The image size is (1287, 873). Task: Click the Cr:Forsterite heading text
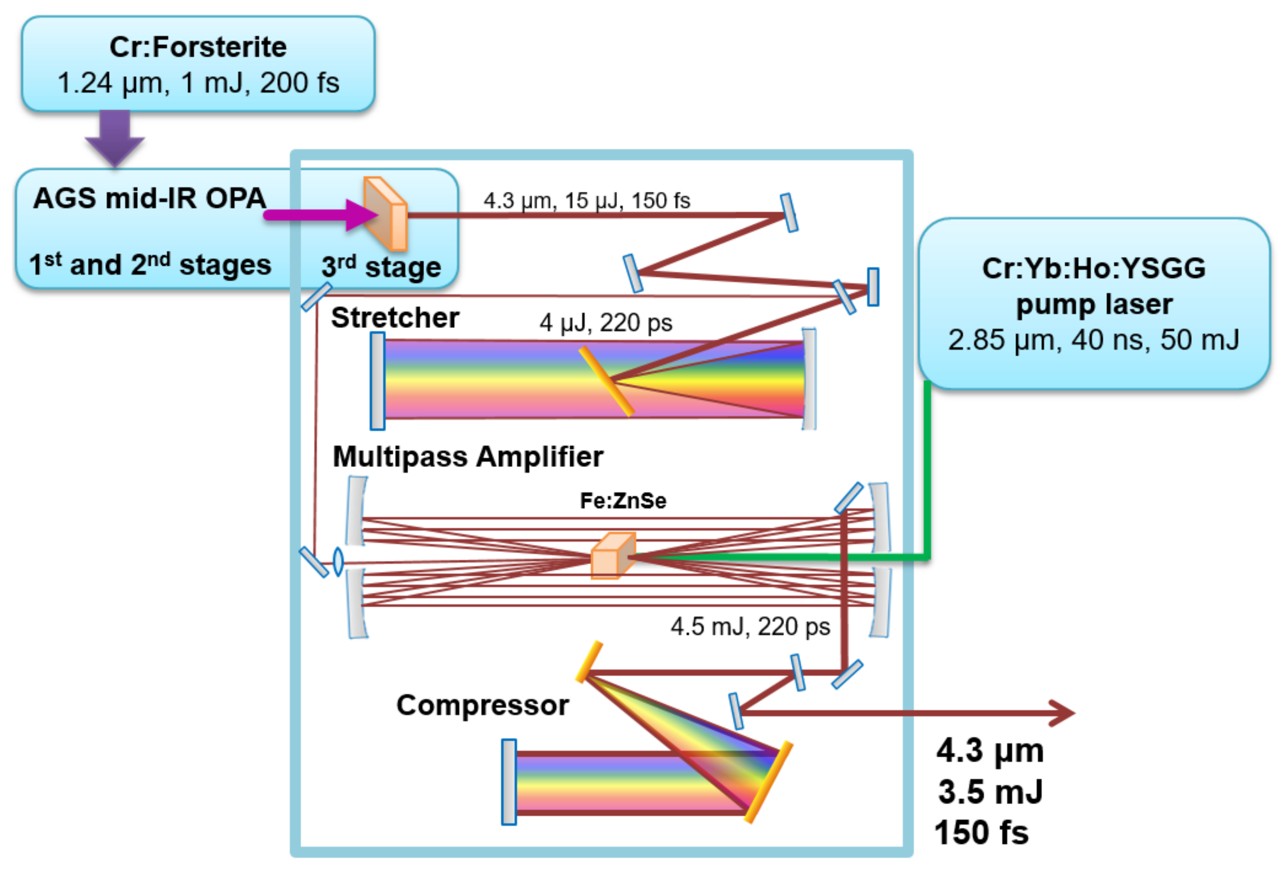click(198, 47)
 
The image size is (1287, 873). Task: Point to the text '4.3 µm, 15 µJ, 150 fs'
click(587, 200)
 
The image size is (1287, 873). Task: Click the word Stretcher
click(395, 318)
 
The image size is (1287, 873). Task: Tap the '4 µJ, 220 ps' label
click(605, 323)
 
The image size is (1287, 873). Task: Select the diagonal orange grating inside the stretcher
click(606, 381)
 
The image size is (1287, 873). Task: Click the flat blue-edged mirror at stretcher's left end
click(378, 381)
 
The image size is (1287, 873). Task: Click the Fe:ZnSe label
click(623, 501)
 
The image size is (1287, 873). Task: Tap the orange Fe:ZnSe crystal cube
click(612, 556)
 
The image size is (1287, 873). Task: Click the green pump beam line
click(927, 471)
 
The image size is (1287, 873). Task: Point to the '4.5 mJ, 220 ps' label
click(750, 627)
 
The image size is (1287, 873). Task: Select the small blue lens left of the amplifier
click(338, 561)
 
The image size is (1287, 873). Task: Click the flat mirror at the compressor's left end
click(509, 781)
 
